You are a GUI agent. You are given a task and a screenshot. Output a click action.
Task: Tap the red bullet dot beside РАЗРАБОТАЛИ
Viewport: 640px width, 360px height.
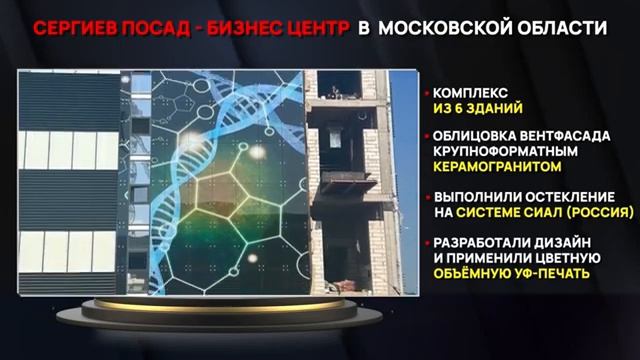pyautogui.click(x=425, y=240)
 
